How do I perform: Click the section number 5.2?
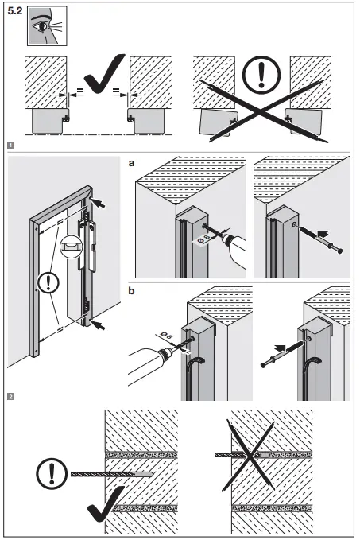point(14,14)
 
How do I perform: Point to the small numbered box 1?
point(10,146)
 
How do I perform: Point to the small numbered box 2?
point(10,395)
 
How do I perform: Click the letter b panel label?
point(132,290)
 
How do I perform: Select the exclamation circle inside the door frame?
point(50,282)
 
